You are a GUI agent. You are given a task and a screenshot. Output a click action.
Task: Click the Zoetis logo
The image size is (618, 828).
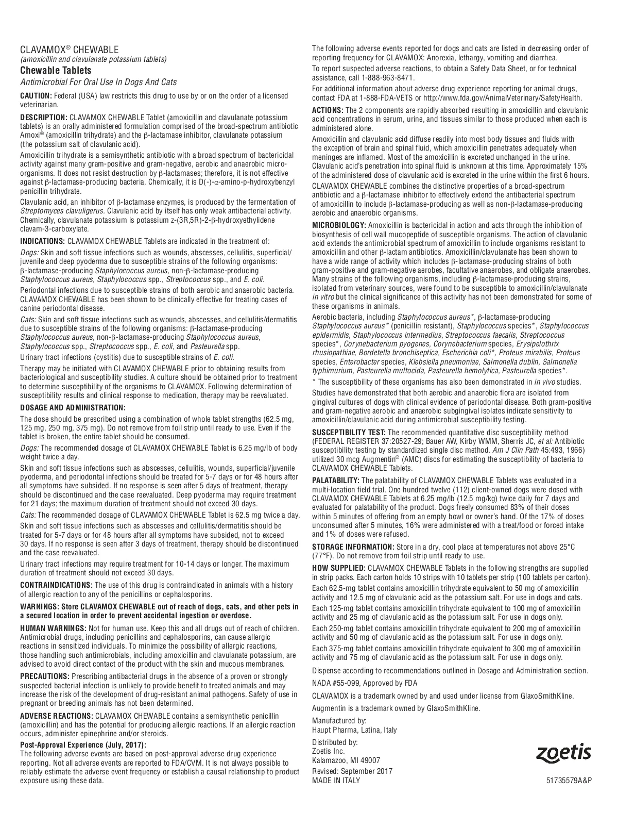click(x=563, y=753)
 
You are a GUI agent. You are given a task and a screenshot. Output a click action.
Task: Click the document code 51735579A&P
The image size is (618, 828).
click(x=569, y=780)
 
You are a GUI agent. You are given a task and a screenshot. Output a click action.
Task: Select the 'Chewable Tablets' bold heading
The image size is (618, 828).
click(x=56, y=71)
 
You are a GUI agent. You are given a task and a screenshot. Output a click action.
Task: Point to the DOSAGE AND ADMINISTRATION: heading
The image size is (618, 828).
click(x=73, y=407)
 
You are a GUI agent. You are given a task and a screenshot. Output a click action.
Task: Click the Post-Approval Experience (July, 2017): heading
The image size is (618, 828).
click(x=83, y=744)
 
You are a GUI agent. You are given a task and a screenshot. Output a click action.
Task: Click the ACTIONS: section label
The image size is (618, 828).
click(x=328, y=110)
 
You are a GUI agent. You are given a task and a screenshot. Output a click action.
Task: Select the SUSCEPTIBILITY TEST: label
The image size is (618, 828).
click(x=349, y=432)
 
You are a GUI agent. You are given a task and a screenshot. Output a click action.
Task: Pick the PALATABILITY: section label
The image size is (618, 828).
click(x=336, y=481)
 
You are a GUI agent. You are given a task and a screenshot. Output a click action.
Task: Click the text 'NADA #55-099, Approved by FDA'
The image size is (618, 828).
click(x=365, y=683)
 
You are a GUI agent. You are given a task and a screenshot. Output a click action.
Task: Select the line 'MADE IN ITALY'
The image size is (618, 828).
click(x=336, y=780)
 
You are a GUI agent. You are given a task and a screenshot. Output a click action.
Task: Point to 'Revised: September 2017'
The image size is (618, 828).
click(x=352, y=771)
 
